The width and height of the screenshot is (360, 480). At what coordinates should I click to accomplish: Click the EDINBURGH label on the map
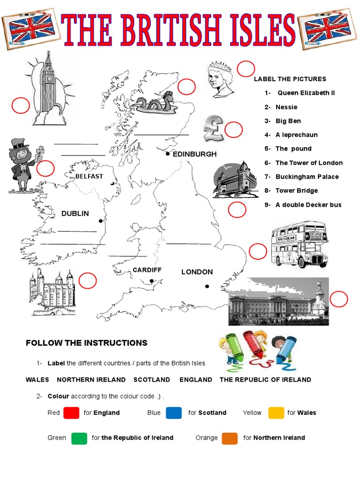click(x=195, y=154)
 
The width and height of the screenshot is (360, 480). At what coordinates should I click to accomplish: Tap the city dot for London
click(x=207, y=286)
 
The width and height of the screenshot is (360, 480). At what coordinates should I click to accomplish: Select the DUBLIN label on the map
click(x=75, y=214)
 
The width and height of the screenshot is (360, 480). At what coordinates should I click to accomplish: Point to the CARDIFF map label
click(x=147, y=270)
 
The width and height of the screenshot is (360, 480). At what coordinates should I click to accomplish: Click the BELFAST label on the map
click(x=89, y=176)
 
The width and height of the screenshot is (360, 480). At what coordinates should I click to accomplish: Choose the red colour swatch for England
click(x=71, y=412)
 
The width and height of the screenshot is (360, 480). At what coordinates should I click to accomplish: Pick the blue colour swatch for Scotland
click(x=173, y=412)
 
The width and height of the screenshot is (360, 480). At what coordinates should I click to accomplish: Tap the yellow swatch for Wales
click(x=276, y=412)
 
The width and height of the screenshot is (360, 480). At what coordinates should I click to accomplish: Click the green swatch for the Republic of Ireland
click(x=79, y=438)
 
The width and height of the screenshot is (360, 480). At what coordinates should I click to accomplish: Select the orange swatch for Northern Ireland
click(x=230, y=438)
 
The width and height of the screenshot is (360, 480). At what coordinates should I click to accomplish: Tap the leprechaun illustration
click(x=21, y=165)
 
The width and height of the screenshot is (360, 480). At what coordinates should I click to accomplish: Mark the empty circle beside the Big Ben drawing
click(x=21, y=106)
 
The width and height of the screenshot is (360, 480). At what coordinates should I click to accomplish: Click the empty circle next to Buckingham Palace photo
click(x=339, y=299)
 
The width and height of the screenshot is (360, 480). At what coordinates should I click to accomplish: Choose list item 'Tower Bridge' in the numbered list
click(x=296, y=190)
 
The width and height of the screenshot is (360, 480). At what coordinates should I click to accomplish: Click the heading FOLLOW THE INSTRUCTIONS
click(x=86, y=343)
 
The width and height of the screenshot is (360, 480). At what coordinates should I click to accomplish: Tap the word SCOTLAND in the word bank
click(x=151, y=380)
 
